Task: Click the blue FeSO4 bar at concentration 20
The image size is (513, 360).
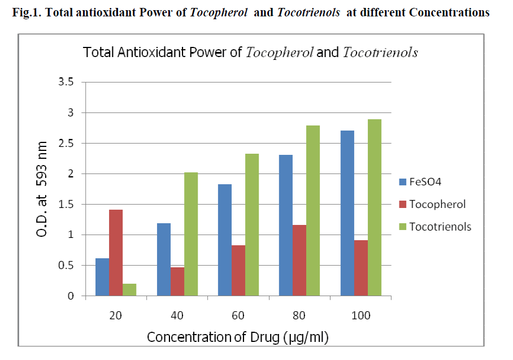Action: (102, 277)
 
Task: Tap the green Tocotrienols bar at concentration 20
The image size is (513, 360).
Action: (129, 289)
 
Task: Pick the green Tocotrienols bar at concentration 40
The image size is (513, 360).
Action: (191, 234)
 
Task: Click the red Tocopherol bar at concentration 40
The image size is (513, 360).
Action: (177, 281)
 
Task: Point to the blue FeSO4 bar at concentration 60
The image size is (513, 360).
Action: (225, 240)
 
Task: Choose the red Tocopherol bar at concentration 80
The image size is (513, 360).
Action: (299, 260)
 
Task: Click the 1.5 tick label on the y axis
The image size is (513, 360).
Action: (67, 204)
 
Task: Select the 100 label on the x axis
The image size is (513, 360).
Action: (360, 315)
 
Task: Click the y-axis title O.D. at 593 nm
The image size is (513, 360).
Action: (45, 189)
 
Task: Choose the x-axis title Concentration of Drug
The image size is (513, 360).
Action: (237, 337)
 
